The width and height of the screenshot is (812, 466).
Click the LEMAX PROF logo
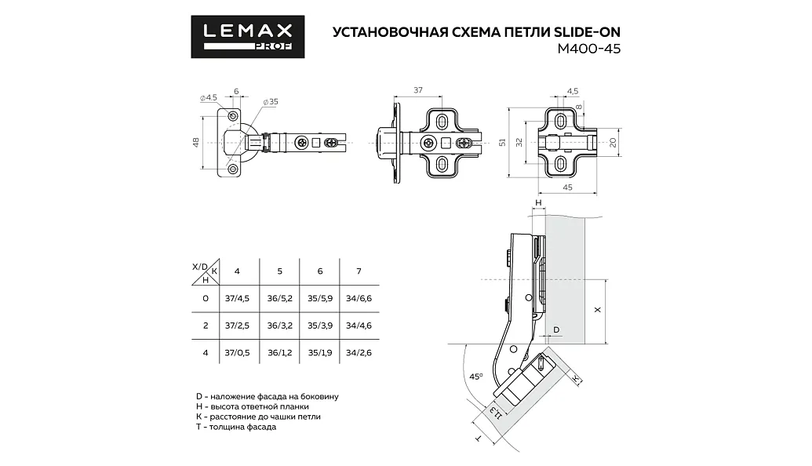click(x=248, y=36)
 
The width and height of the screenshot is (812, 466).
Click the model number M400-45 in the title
click(x=589, y=49)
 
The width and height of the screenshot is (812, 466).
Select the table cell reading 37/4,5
click(x=237, y=299)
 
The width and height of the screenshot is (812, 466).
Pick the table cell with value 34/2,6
click(x=359, y=353)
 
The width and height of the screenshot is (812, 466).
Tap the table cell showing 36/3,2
click(x=279, y=326)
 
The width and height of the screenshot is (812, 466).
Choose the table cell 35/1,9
click(x=320, y=353)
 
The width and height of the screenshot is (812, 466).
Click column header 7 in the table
click(x=359, y=271)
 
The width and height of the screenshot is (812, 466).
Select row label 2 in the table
click(x=206, y=326)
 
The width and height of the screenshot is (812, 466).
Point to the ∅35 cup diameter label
click(x=271, y=101)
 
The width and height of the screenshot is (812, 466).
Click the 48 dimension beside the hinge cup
click(x=196, y=143)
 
